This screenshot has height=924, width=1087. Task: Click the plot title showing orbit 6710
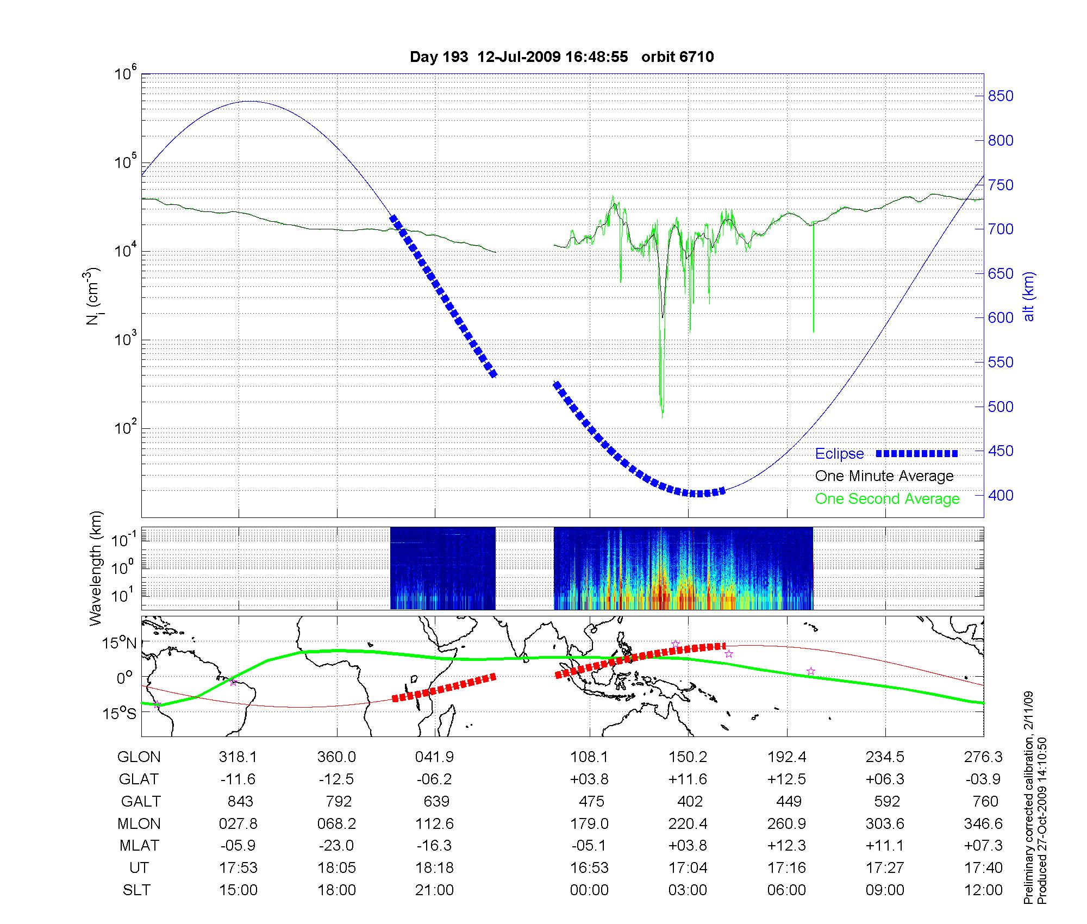[x=561, y=57]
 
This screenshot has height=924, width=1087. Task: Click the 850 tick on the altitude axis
[x=1001, y=96]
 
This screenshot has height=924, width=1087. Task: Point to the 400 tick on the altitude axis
[x=1001, y=495]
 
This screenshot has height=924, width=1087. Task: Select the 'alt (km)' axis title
[x=1029, y=296]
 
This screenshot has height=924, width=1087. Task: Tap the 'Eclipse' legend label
[x=839, y=454]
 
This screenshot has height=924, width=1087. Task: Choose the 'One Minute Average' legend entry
[x=884, y=476]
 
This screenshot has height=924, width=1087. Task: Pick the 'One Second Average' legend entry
[x=887, y=499]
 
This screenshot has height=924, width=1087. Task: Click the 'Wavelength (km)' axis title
[x=96, y=569]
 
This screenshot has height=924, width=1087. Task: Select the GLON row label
[x=139, y=757]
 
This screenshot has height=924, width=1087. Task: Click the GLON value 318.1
[x=238, y=757]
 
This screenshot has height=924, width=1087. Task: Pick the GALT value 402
[x=690, y=802]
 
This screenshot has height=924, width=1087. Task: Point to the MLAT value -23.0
[x=336, y=846]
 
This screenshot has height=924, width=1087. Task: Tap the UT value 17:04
[x=688, y=868]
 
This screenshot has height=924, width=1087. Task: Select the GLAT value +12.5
[x=786, y=779]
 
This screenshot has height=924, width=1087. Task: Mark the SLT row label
[x=136, y=890]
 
